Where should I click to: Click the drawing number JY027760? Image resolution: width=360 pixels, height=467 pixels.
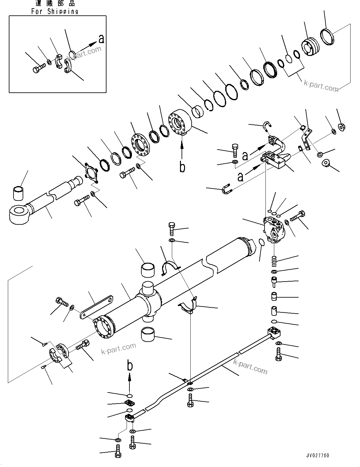[318, 455]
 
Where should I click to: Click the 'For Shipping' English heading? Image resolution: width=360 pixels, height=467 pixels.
[55, 11]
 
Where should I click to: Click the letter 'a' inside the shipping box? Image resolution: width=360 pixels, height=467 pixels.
[101, 39]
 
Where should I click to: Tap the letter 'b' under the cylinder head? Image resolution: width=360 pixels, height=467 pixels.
[182, 167]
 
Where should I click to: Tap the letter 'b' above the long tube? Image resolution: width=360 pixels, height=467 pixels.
[130, 366]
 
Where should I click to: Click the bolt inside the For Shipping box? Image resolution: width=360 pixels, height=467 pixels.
[38, 68]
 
